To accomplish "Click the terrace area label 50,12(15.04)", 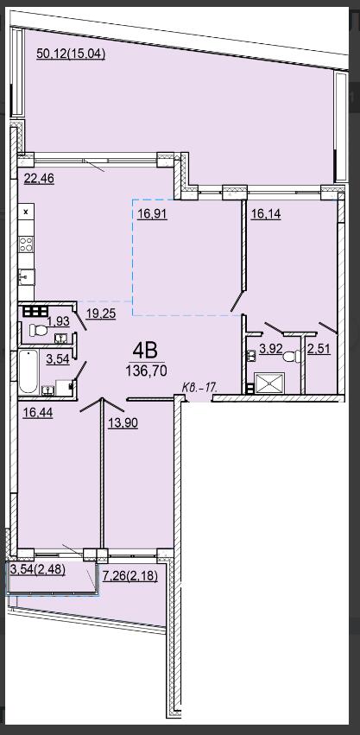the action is [71, 54].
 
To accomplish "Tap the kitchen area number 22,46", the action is [39, 179].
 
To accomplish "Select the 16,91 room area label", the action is [153, 214].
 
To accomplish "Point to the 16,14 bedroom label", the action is [266, 214].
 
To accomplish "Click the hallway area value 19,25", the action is [101, 314].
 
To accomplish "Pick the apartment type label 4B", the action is [145, 350].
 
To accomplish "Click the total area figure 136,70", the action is [146, 371].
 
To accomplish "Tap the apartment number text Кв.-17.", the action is [200, 388].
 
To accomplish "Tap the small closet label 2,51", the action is [319, 350].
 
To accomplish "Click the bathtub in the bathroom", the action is [28, 371].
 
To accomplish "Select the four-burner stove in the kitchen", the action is [26, 244].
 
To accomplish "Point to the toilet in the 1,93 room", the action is [39, 331].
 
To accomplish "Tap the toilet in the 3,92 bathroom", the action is [293, 356].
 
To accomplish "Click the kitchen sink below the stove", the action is [26, 277].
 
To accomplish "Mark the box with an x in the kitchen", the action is [26, 212].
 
